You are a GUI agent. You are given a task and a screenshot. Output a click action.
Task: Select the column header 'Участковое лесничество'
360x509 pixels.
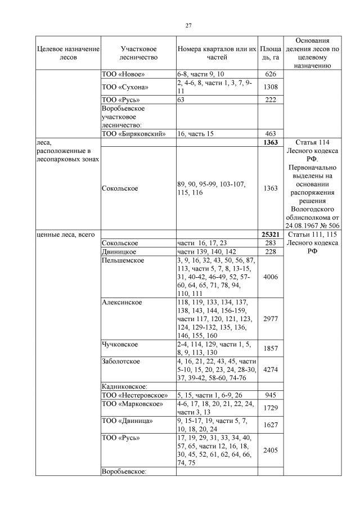click(x=138, y=53)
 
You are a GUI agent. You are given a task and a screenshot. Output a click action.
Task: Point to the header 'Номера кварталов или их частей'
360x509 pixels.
click(x=217, y=53)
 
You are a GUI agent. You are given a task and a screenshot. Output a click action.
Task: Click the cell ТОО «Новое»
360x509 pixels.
click(x=123, y=74)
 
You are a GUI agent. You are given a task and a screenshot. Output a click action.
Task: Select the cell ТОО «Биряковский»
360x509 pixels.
click(x=133, y=134)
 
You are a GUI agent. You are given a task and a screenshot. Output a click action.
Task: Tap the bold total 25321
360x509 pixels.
click(x=271, y=234)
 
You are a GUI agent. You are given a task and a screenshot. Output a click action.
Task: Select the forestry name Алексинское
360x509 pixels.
click(x=122, y=302)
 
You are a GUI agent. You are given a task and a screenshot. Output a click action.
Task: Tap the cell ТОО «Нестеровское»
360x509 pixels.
click(x=133, y=395)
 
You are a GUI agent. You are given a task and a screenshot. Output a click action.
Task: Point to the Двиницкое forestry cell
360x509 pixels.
click(x=119, y=252)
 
